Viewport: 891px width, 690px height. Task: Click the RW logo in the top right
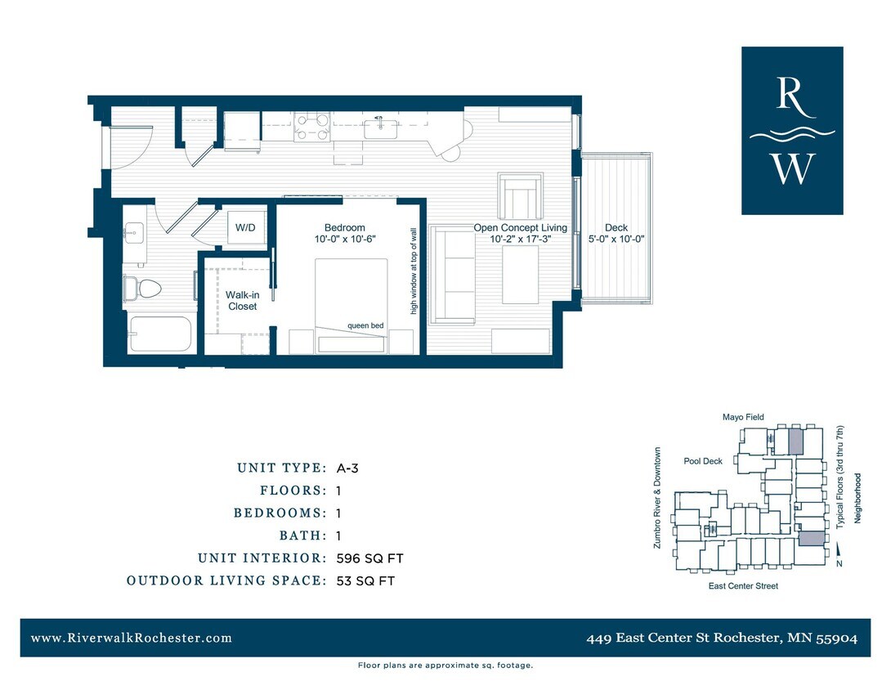pyautogui.click(x=791, y=131)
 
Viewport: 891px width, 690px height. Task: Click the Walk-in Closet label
pyautogui.click(x=242, y=300)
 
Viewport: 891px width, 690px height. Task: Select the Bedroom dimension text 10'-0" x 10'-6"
pyautogui.click(x=344, y=240)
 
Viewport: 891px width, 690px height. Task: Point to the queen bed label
pyautogui.click(x=365, y=325)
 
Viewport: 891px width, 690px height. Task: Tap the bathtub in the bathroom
pyautogui.click(x=160, y=334)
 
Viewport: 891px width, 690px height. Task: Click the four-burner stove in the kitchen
pyautogui.click(x=312, y=127)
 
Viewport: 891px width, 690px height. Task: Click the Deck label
pyautogui.click(x=616, y=228)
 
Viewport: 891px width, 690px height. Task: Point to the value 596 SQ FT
pyautogui.click(x=369, y=558)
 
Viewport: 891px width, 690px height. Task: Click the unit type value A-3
pyautogui.click(x=347, y=468)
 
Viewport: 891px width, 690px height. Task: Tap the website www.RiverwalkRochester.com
pyautogui.click(x=132, y=638)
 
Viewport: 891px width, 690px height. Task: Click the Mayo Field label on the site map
pyautogui.click(x=743, y=417)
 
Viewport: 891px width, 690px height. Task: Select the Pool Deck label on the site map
pyautogui.click(x=703, y=461)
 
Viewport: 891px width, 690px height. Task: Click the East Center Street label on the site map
pyautogui.click(x=743, y=585)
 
